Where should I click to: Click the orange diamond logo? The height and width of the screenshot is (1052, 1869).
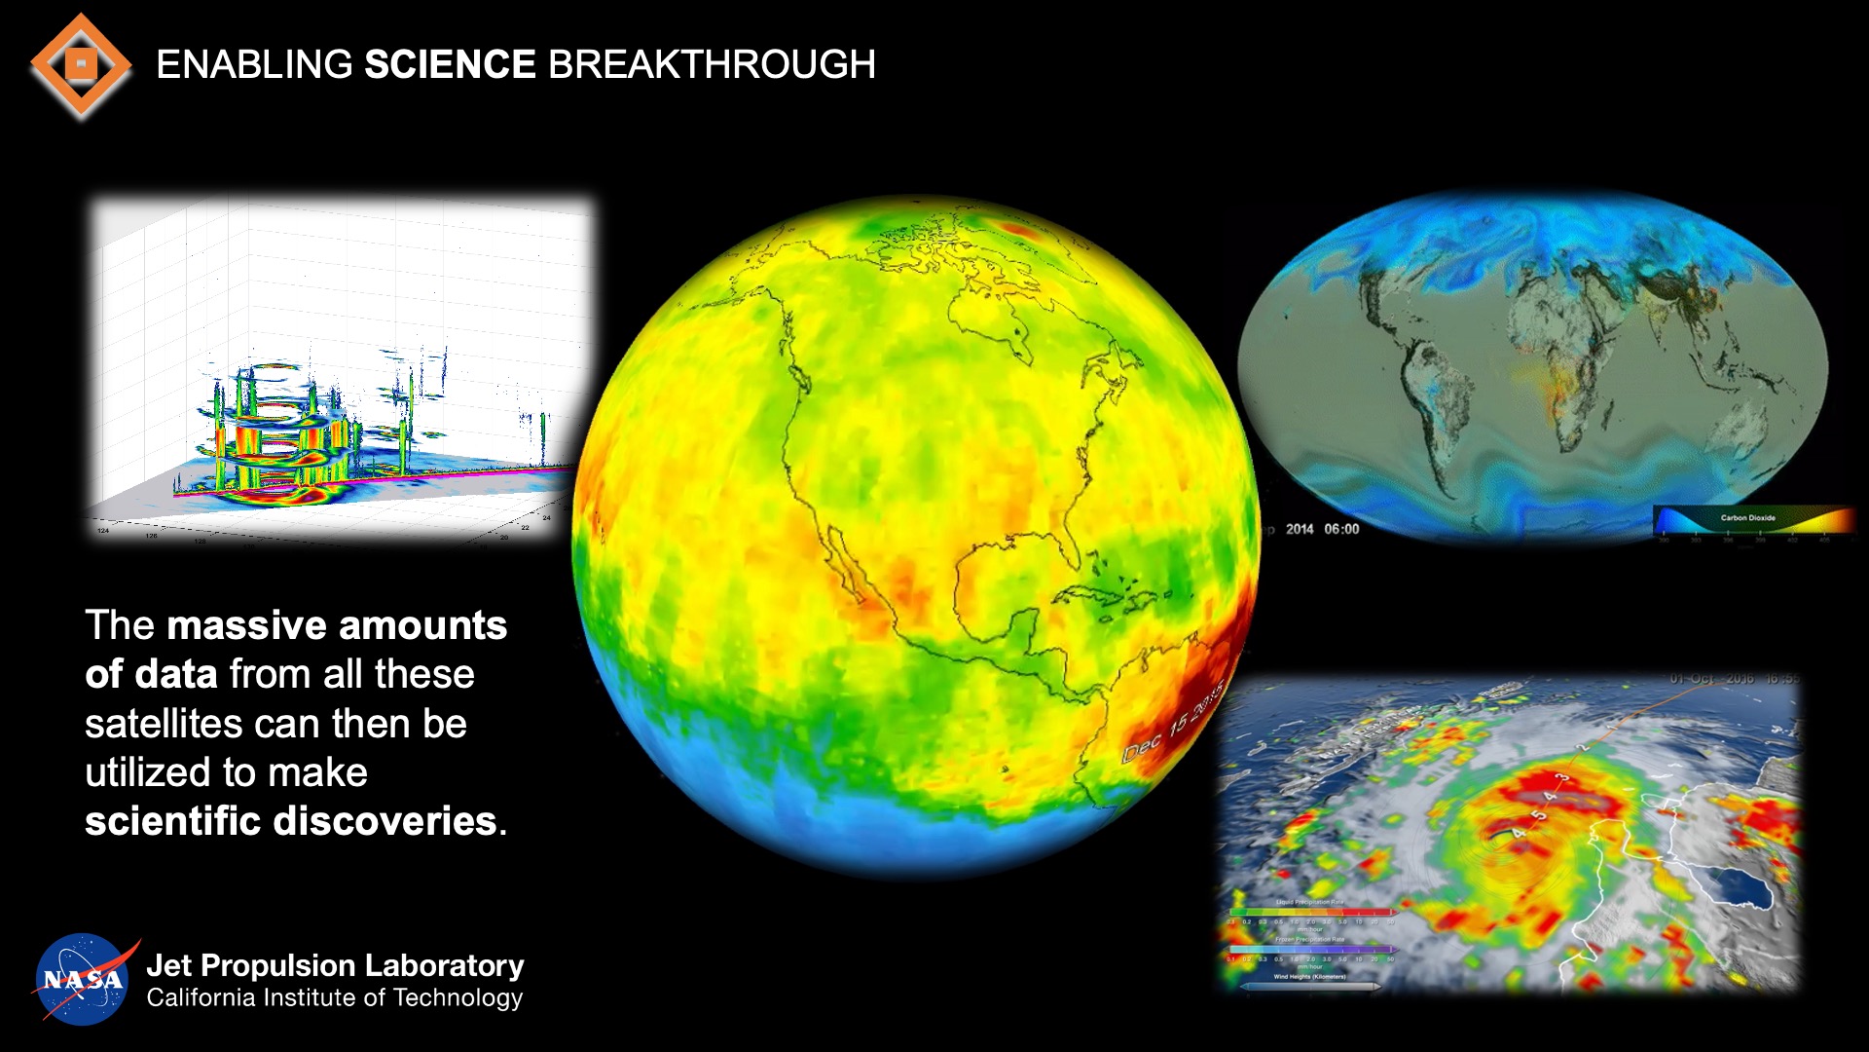coord(81,65)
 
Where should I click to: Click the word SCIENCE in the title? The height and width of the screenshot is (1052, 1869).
coord(450,65)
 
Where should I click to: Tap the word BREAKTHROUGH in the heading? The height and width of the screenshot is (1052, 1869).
coord(712,65)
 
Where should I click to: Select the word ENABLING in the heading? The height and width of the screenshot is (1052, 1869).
coord(254,65)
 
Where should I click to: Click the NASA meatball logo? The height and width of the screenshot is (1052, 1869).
coord(83,979)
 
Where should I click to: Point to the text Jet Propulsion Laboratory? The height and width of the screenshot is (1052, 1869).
coord(335,965)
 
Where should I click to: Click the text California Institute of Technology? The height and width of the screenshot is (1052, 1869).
coord(335,998)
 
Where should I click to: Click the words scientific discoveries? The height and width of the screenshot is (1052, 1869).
coord(292,821)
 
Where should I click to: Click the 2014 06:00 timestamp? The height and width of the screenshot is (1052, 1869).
coord(1322,529)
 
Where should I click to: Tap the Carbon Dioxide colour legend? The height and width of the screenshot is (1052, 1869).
coord(1752,522)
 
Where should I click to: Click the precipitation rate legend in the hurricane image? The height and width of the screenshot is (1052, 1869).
coord(1309,935)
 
